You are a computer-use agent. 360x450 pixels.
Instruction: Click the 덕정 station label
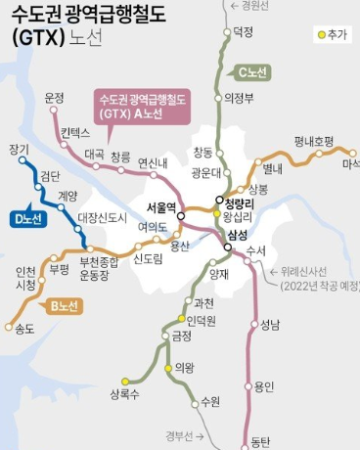[x=244, y=32]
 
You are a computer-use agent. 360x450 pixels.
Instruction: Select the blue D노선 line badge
[x=28, y=218]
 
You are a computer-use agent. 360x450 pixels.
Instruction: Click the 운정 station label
[x=54, y=98]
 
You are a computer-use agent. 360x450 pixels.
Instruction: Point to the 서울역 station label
[x=160, y=207]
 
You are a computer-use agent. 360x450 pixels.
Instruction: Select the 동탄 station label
[x=259, y=441]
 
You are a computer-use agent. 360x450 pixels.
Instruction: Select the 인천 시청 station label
[x=25, y=278]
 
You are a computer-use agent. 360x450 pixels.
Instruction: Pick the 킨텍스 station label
[x=74, y=132]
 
